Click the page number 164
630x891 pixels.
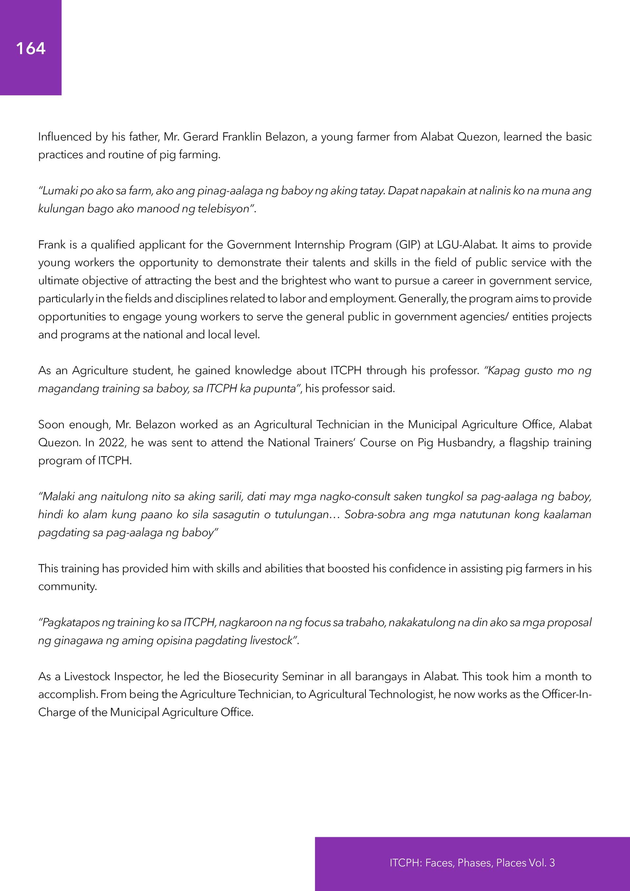[31, 49]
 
